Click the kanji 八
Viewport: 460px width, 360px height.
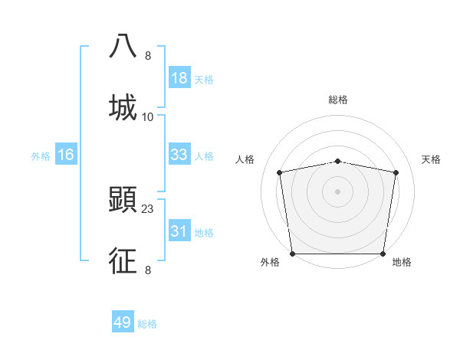click(x=123, y=45)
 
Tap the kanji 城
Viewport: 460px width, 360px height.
click(x=123, y=107)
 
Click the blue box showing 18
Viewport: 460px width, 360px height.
click(x=179, y=78)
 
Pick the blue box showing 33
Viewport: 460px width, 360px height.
click(x=179, y=155)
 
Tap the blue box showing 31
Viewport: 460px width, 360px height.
click(x=179, y=231)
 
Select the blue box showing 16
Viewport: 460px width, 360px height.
click(x=66, y=155)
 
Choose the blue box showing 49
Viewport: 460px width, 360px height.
click(x=123, y=322)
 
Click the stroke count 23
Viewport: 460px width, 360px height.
click(x=149, y=208)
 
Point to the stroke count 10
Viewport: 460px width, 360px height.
click(x=148, y=116)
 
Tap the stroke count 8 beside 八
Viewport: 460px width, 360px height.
click(x=148, y=55)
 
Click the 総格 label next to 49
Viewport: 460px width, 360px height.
click(x=147, y=324)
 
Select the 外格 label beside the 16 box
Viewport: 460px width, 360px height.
click(x=41, y=156)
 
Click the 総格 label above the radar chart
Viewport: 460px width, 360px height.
click(x=338, y=100)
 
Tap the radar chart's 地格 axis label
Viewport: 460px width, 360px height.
click(x=402, y=262)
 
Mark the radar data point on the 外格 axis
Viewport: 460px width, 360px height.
click(x=292, y=254)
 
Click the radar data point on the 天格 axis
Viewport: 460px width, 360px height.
click(x=396, y=172)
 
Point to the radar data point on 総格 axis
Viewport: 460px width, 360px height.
click(x=338, y=161)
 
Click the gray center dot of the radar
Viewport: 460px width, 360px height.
click(x=338, y=191)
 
